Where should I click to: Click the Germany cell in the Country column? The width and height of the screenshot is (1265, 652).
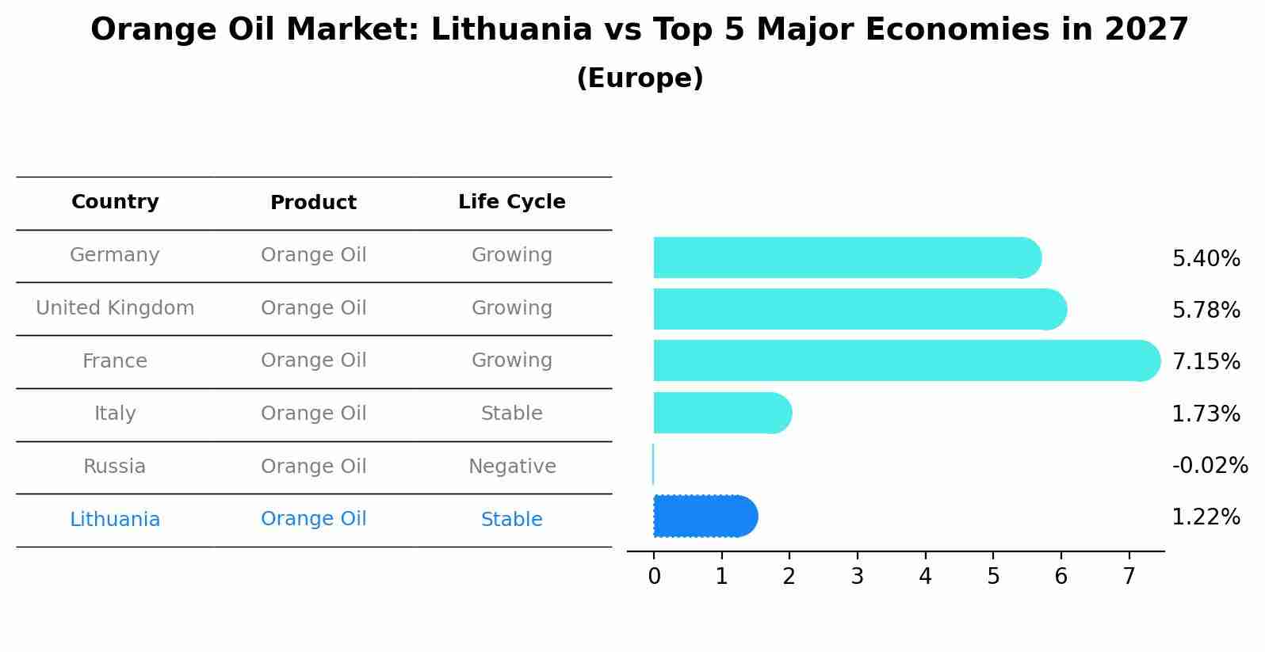pyautogui.click(x=115, y=255)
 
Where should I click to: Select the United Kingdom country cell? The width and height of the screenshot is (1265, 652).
pyautogui.click(x=115, y=308)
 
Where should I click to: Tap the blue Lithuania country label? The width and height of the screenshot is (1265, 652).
pyautogui.click(x=115, y=520)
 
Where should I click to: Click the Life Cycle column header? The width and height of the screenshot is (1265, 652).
pyautogui.click(x=511, y=202)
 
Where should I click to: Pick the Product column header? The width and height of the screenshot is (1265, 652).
pyautogui.click(x=313, y=203)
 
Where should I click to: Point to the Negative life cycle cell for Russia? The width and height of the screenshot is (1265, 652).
pyautogui.click(x=511, y=467)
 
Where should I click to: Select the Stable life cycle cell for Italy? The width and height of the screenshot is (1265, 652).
pyautogui.click(x=511, y=414)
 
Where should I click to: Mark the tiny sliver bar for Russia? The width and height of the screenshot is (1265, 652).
pyautogui.click(x=653, y=464)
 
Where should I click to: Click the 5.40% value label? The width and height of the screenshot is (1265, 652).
pyautogui.click(x=1206, y=259)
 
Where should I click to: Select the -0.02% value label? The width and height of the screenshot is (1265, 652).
pyautogui.click(x=1210, y=466)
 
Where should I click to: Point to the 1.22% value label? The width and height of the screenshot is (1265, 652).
pyautogui.click(x=1206, y=517)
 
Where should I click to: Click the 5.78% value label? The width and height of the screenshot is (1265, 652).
pyautogui.click(x=1206, y=311)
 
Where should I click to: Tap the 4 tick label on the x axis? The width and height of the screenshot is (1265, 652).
pyautogui.click(x=925, y=577)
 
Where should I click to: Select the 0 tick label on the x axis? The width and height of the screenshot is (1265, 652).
pyautogui.click(x=654, y=577)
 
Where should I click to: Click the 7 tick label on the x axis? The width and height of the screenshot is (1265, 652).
pyautogui.click(x=1129, y=577)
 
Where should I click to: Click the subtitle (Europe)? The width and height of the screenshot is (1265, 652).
pyautogui.click(x=640, y=78)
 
